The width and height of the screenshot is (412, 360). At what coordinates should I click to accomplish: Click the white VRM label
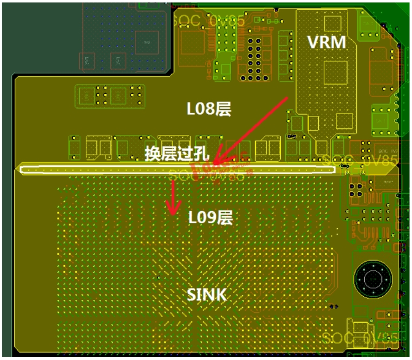pyautogui.click(x=327, y=42)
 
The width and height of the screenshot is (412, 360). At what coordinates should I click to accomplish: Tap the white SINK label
pyautogui.click(x=207, y=295)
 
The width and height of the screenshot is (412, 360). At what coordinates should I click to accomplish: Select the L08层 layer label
pyautogui.click(x=208, y=109)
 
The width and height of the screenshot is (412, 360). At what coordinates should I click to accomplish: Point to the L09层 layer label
pyautogui.click(x=210, y=217)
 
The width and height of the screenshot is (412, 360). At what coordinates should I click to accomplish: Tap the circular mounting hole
pyautogui.click(x=371, y=280)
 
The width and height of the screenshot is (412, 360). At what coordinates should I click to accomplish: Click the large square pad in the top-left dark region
pyautogui.click(x=145, y=42)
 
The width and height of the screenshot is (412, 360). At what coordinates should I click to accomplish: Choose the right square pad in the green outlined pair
pyautogui.click(x=118, y=95)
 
